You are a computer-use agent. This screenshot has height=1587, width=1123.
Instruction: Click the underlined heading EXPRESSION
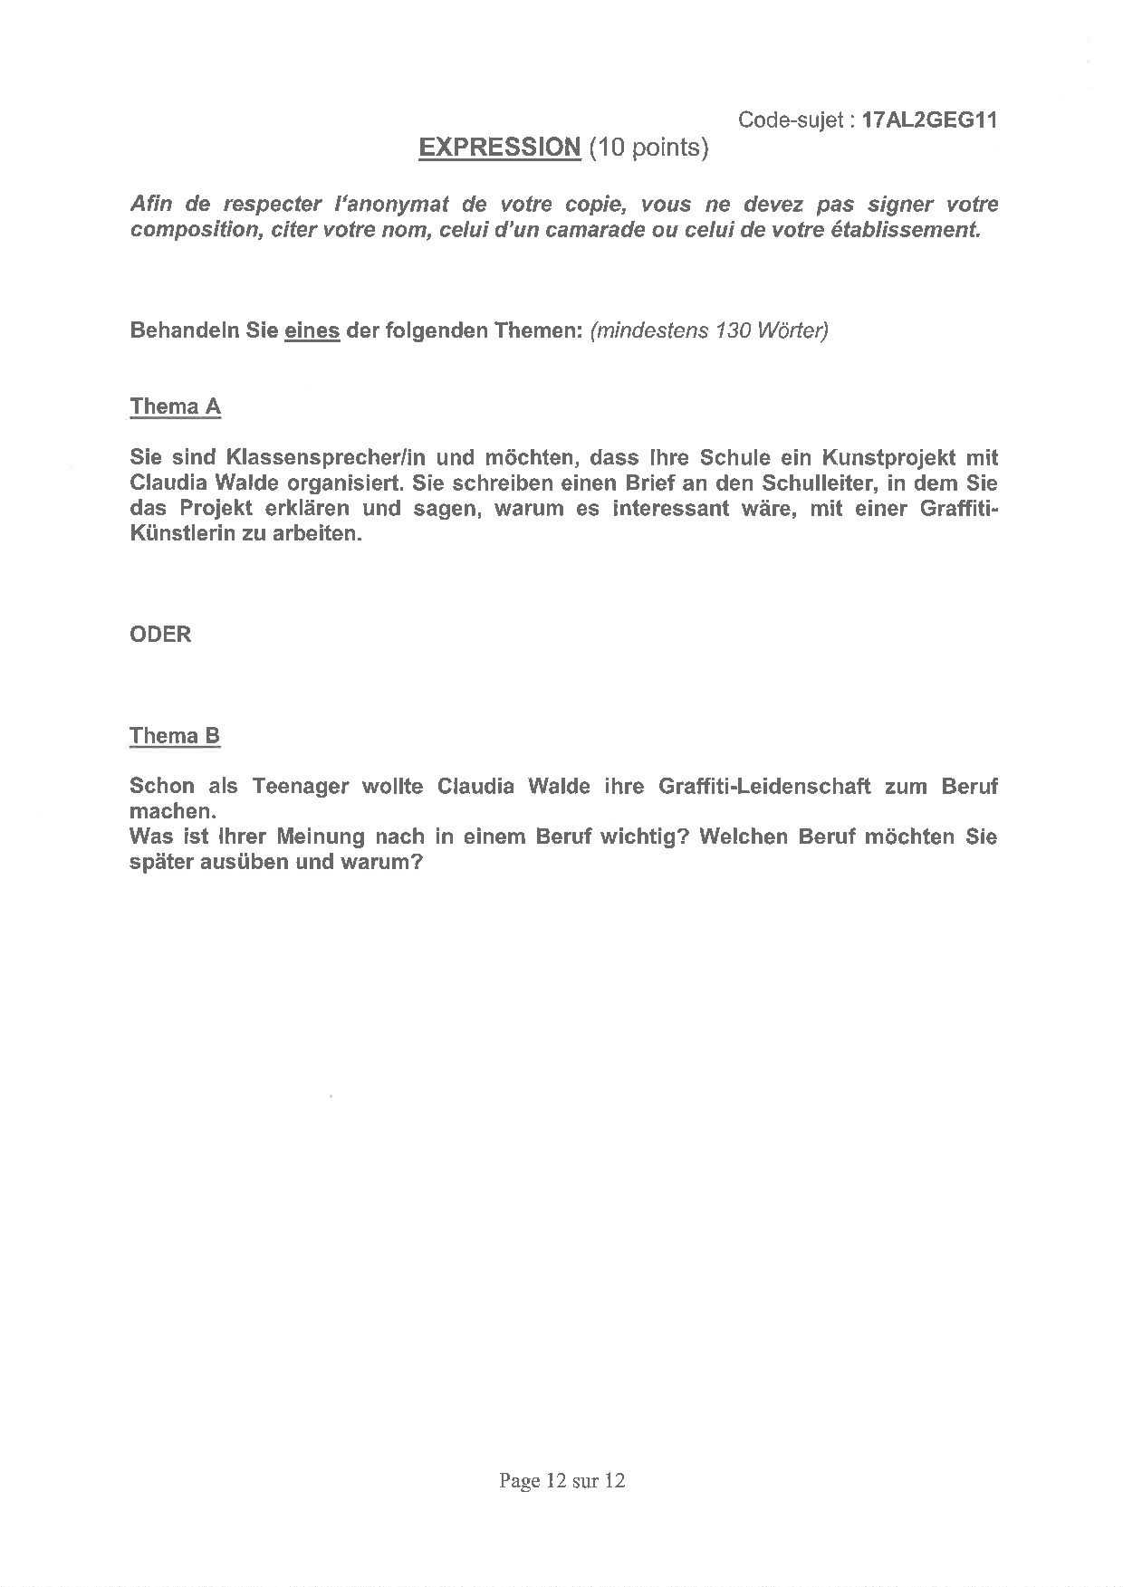click(x=499, y=148)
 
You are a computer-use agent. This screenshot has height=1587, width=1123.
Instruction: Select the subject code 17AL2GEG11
click(x=930, y=120)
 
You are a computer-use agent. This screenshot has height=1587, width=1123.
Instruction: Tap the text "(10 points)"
click(x=648, y=148)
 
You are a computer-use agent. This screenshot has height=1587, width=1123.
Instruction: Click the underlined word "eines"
click(x=312, y=330)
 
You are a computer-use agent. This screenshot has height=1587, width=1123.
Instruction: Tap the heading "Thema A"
click(x=175, y=406)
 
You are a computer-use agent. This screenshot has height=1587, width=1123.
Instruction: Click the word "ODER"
click(x=161, y=635)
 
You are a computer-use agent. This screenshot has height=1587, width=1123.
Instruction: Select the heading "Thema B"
click(x=175, y=736)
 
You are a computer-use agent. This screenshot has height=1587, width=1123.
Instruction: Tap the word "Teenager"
click(x=301, y=787)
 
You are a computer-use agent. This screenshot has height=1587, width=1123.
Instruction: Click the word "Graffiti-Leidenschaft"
click(x=765, y=787)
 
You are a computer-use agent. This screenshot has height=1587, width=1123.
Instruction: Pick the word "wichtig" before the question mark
click(x=636, y=837)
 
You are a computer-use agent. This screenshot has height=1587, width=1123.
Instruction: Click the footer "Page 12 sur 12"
click(x=561, y=1481)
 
